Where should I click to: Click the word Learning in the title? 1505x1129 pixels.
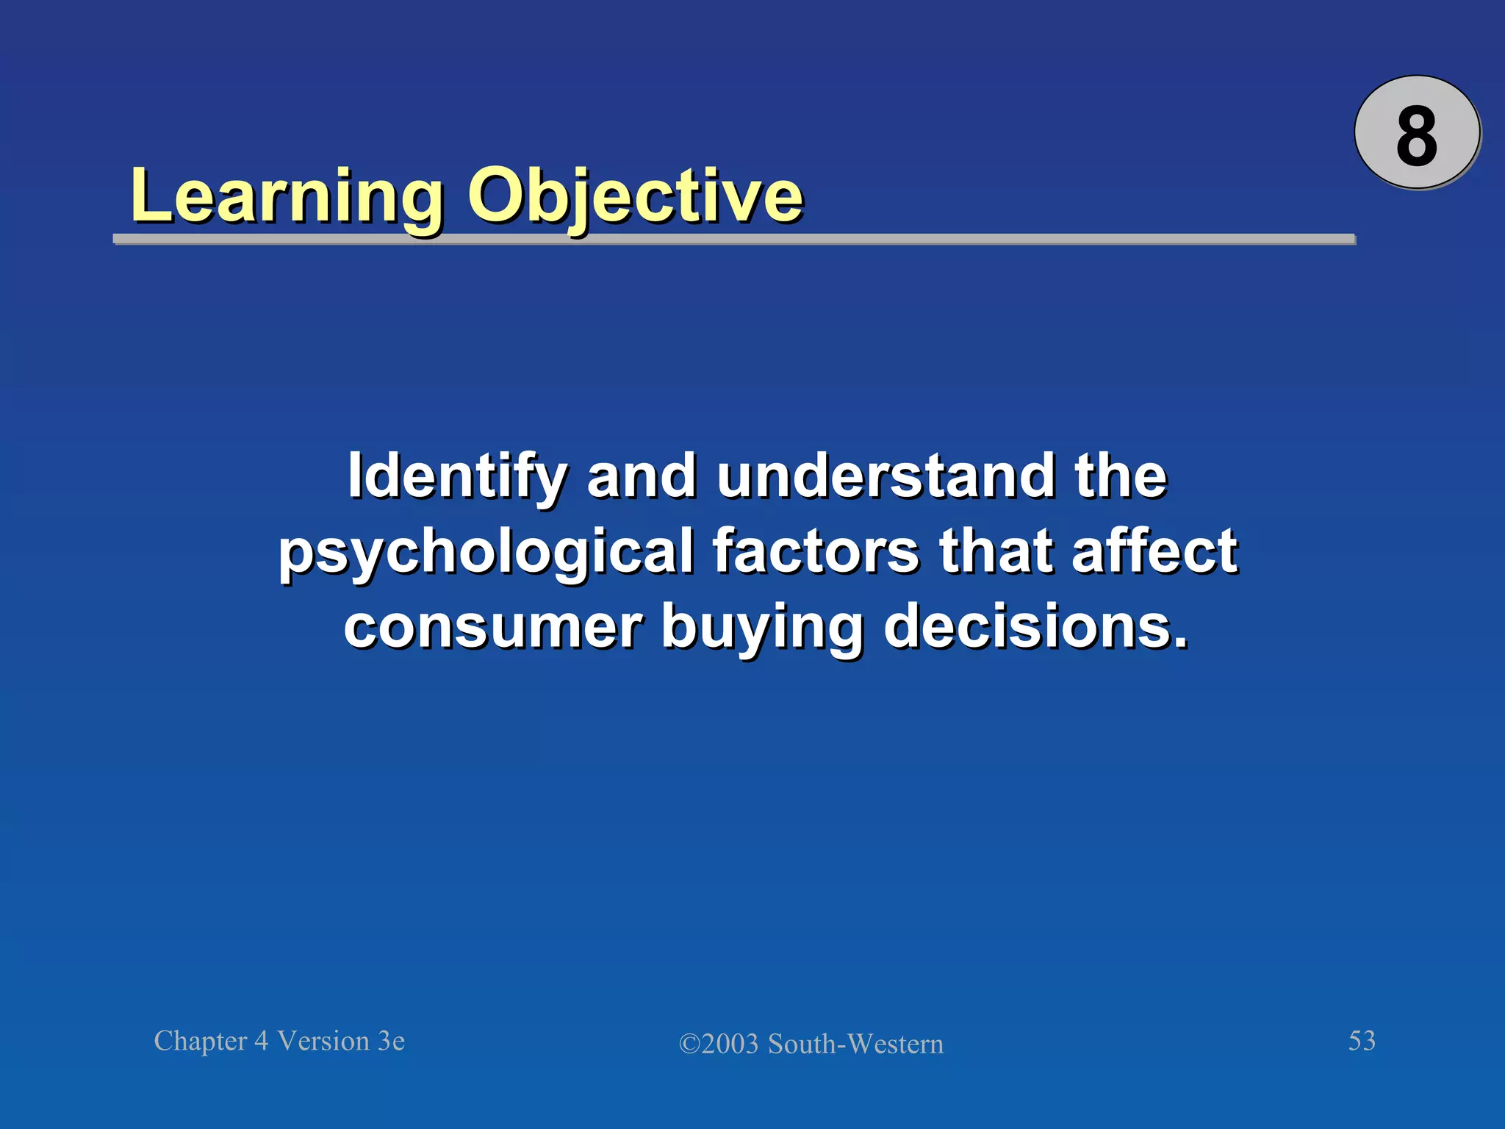pyautogui.click(x=287, y=196)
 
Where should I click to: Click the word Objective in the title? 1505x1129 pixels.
pyautogui.click(x=635, y=196)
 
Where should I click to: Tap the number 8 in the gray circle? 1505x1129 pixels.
pyautogui.click(x=1416, y=136)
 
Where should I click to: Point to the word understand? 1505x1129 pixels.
pyautogui.click(x=886, y=476)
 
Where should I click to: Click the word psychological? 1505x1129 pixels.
pyautogui.click(x=485, y=551)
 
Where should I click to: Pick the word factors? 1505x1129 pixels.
pyautogui.click(x=816, y=551)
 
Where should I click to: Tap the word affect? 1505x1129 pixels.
pyautogui.click(x=1154, y=551)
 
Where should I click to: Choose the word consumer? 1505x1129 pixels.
pyautogui.click(x=494, y=626)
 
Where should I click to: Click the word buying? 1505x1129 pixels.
pyautogui.click(x=762, y=626)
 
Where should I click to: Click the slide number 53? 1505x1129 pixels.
pyautogui.click(x=1362, y=1041)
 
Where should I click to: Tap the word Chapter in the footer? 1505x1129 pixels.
pyautogui.click(x=200, y=1042)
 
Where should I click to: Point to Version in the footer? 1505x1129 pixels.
pyautogui.click(x=323, y=1042)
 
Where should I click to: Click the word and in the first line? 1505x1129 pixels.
pyautogui.click(x=641, y=476)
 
